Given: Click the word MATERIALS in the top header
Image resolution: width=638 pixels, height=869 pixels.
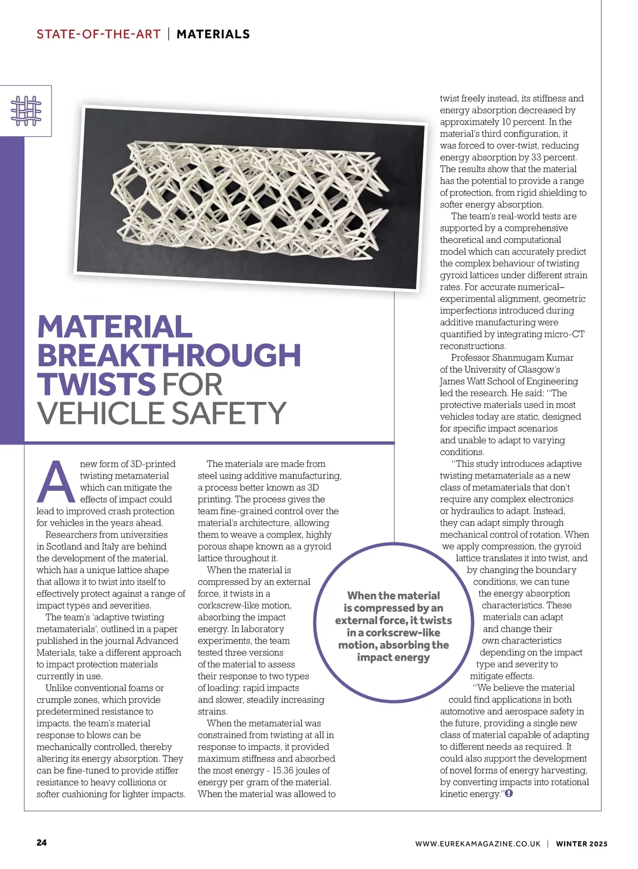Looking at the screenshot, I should click(213, 34).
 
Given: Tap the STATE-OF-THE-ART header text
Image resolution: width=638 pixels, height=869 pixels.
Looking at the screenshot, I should click(98, 34).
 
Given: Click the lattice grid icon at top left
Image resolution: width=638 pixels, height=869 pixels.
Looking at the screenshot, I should click(26, 111).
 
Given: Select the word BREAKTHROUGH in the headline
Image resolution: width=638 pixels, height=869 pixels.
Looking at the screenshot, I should click(169, 355).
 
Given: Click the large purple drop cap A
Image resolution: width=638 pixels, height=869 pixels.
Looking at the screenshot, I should click(56, 482).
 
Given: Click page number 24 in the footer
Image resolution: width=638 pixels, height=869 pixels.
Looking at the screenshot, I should click(41, 842).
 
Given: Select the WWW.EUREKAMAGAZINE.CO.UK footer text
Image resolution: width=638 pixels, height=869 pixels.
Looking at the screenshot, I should click(477, 843).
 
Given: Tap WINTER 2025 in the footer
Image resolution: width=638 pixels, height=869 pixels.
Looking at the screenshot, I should click(581, 843).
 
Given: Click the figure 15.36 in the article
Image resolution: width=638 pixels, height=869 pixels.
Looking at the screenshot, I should click(286, 771).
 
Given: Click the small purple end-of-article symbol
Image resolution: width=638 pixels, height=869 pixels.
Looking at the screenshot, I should click(509, 793).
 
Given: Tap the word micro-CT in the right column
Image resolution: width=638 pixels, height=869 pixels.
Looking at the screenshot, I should click(566, 334).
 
